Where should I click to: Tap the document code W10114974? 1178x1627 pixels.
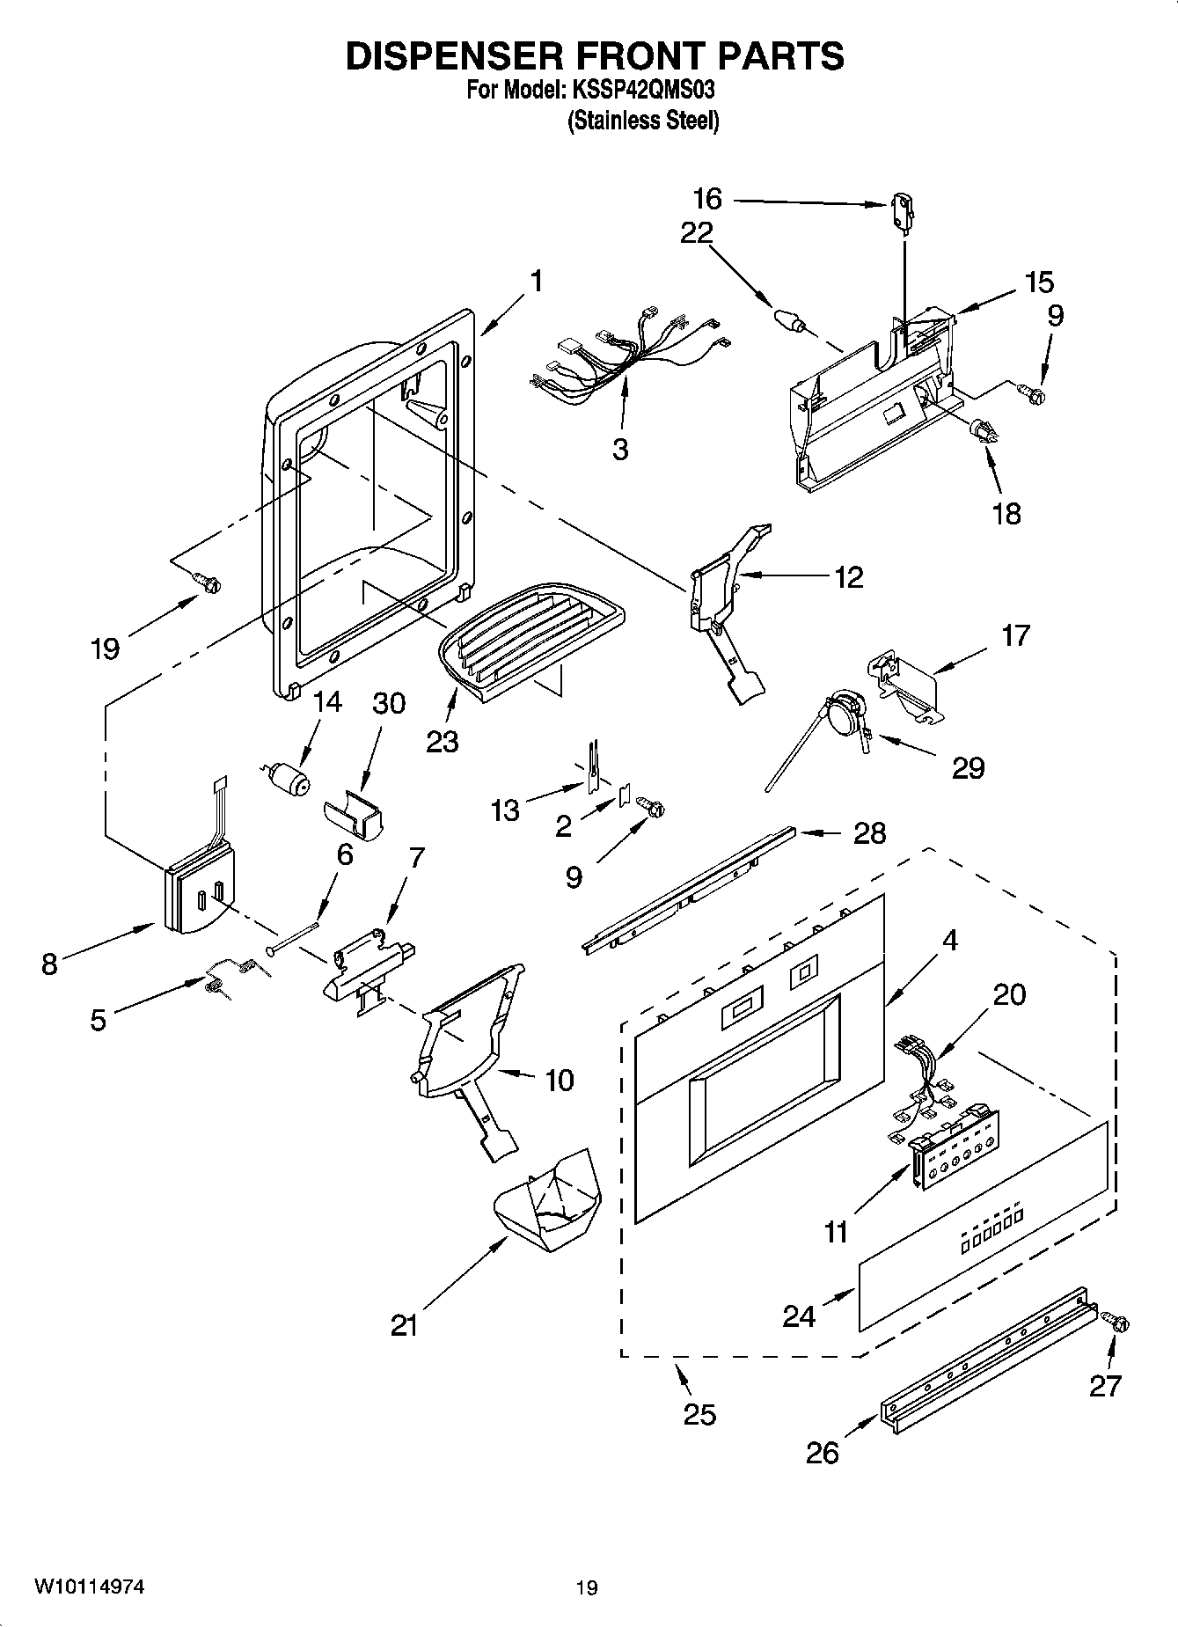90,1587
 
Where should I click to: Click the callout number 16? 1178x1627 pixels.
706,199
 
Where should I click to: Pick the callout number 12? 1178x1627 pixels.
848,577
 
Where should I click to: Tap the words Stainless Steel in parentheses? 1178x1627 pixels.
643,121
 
